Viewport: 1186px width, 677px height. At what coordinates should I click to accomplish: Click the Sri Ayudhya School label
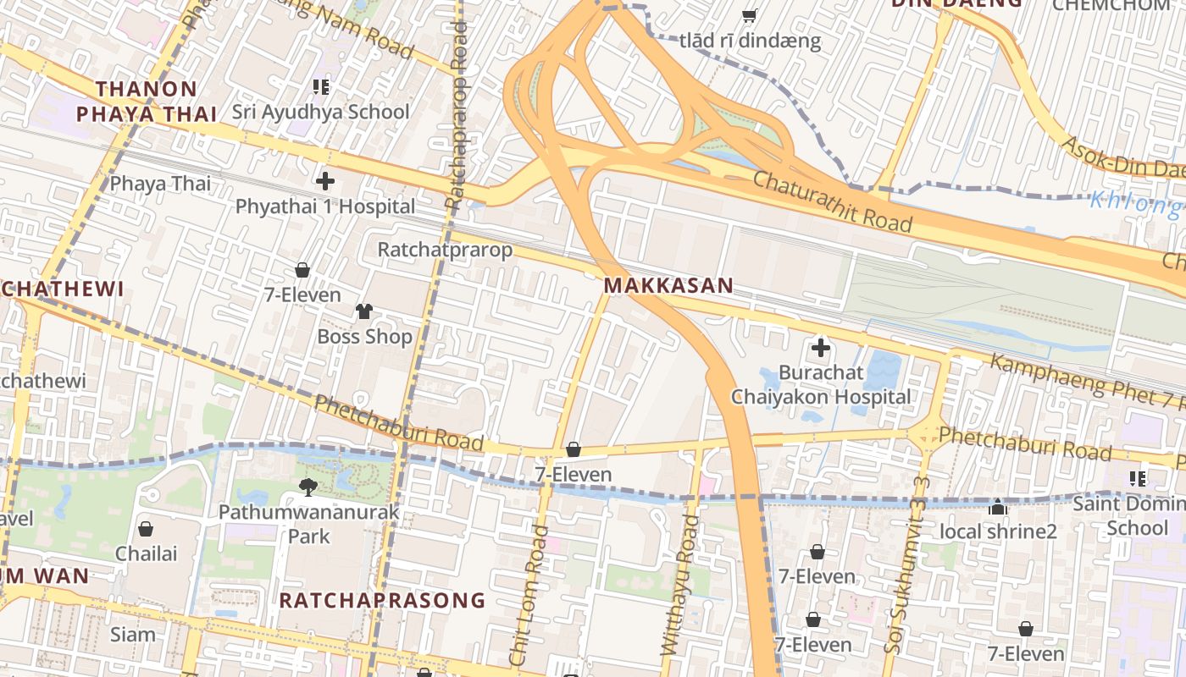(321, 112)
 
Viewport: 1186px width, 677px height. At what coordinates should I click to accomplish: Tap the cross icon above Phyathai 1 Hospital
(325, 180)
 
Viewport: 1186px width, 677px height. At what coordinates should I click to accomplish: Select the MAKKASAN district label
(668, 285)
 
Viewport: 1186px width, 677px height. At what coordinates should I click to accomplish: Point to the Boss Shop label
(364, 336)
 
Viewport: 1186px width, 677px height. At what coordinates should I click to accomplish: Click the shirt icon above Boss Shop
(364, 311)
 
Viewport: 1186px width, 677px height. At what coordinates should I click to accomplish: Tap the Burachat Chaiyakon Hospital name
(821, 384)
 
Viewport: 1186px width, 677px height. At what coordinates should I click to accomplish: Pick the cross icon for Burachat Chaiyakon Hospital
(820, 347)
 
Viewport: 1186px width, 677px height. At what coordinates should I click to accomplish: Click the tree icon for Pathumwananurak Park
(308, 487)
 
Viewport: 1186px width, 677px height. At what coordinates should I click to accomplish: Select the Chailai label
(147, 553)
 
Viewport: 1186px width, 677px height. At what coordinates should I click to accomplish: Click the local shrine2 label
(999, 531)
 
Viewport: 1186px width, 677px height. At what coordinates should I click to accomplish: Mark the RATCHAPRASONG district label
(382, 601)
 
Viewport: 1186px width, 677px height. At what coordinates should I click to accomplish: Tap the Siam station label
(133, 634)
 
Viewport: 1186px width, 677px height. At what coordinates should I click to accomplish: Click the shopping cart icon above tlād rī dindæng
(749, 15)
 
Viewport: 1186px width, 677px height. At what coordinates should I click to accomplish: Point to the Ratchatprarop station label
(445, 250)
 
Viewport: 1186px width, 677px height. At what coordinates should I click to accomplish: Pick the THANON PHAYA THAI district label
(147, 102)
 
